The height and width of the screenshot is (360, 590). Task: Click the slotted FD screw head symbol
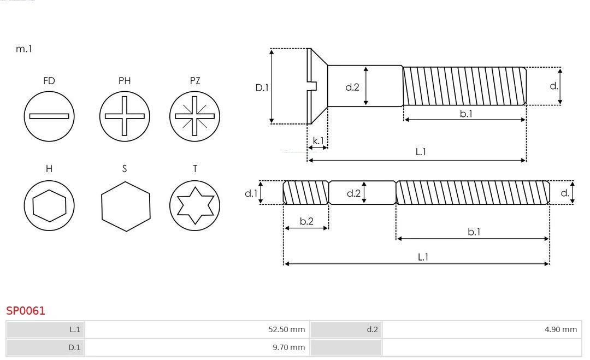(x=49, y=116)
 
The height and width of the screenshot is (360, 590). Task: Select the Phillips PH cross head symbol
(x=125, y=116)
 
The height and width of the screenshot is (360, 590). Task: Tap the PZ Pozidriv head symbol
(x=195, y=116)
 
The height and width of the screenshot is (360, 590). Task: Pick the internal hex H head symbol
(x=49, y=205)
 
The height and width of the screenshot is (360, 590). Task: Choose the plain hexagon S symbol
(x=125, y=205)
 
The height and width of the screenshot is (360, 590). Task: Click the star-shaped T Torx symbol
(x=195, y=205)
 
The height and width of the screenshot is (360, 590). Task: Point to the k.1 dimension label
(x=317, y=140)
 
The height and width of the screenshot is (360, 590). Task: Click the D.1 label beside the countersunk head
(x=262, y=87)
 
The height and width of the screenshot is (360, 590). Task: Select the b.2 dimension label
(x=306, y=221)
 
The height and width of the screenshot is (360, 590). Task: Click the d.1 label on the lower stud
(x=250, y=193)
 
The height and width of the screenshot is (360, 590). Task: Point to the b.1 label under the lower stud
(x=474, y=232)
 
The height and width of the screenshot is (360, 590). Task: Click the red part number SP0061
(x=26, y=311)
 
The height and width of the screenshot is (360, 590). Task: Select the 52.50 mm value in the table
(x=286, y=329)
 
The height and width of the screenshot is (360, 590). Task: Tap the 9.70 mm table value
(x=289, y=347)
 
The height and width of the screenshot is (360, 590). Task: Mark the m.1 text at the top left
(x=24, y=49)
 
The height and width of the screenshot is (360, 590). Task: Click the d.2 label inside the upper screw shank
(x=352, y=86)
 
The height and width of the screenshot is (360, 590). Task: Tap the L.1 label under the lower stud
(x=423, y=257)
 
